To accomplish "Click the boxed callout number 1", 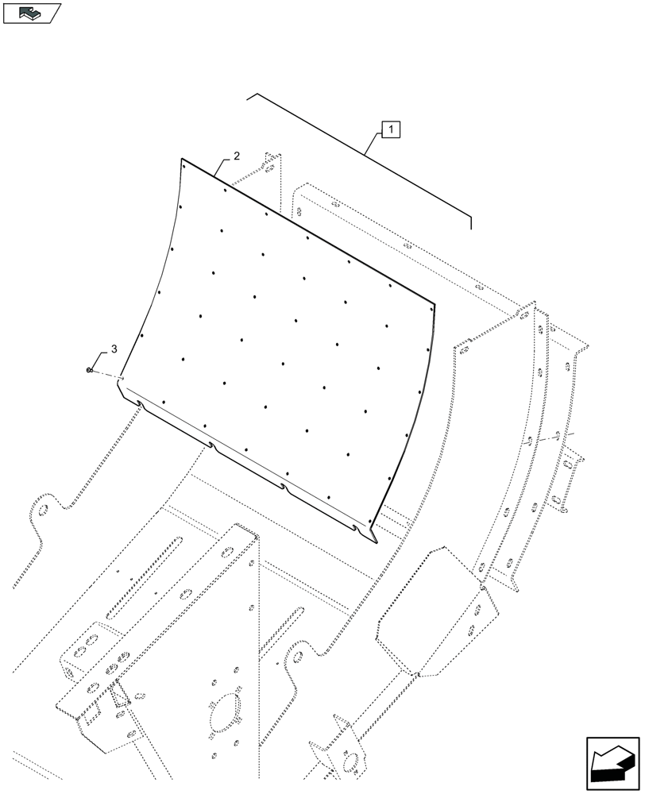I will click(x=392, y=129).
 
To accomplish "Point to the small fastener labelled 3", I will click(x=91, y=370).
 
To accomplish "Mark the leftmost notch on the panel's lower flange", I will click(x=140, y=403).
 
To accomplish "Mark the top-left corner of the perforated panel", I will click(x=182, y=160).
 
